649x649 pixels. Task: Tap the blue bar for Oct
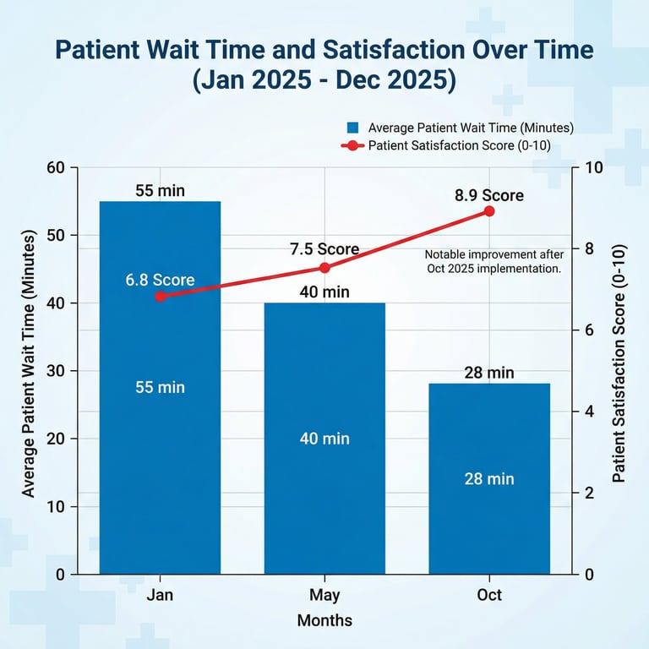(x=489, y=524)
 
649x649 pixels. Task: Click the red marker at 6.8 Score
(x=160, y=297)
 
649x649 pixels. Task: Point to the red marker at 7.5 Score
(x=324, y=268)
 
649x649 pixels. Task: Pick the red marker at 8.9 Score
(x=489, y=211)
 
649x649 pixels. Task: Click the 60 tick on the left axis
(x=56, y=167)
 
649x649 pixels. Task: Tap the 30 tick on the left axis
(x=56, y=371)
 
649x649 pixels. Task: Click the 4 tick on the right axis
(x=589, y=412)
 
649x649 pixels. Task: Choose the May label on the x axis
(x=324, y=595)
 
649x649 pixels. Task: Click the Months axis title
(x=324, y=620)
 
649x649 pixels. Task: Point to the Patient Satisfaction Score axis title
(x=619, y=363)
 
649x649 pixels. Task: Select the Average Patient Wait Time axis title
(x=30, y=363)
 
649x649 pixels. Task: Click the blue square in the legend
(x=353, y=128)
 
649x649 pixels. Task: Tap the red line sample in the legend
(x=352, y=146)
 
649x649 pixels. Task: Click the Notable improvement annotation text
(x=493, y=261)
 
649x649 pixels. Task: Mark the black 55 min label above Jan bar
(x=160, y=191)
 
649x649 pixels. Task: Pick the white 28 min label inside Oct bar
(x=489, y=478)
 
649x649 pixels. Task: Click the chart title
(x=324, y=65)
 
